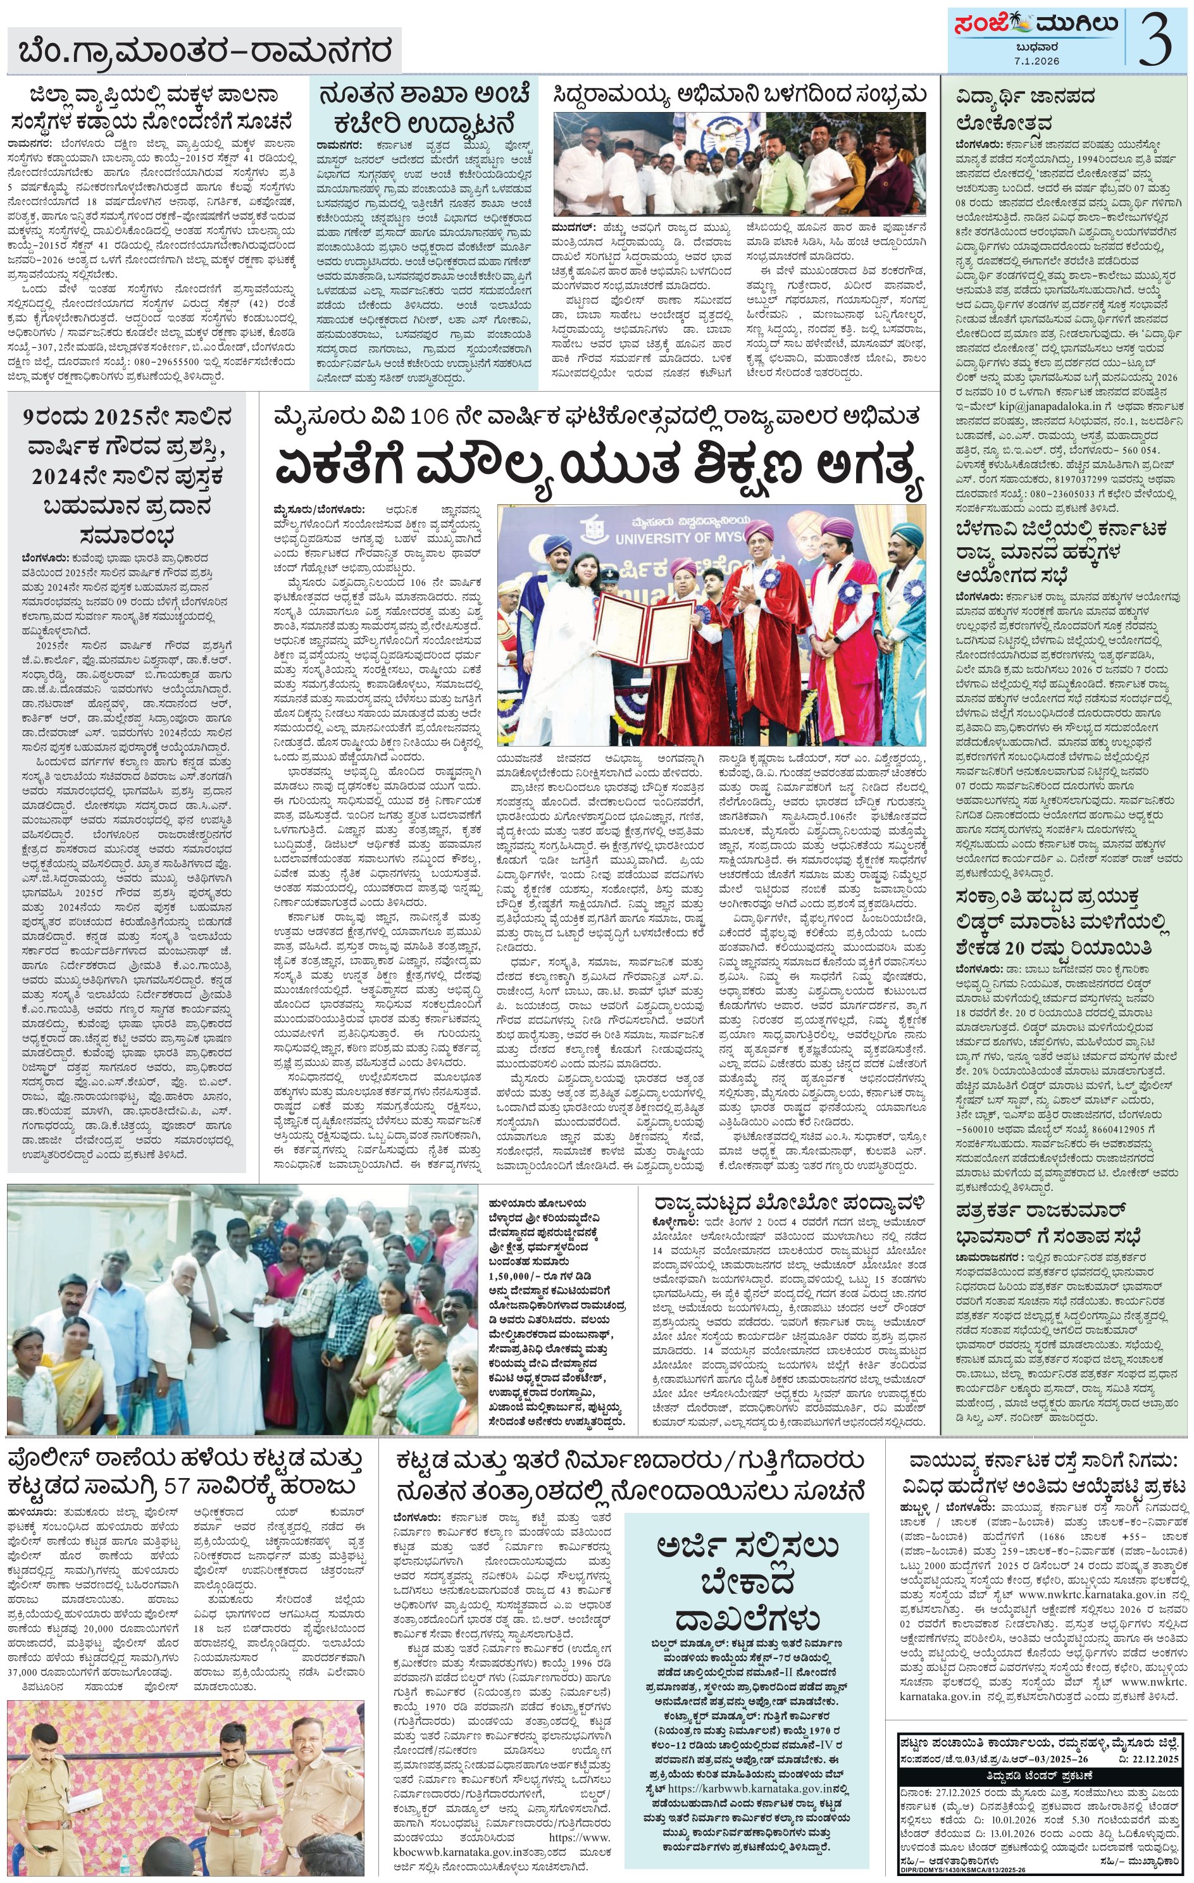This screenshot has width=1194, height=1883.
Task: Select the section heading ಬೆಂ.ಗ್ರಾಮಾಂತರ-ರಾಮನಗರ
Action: coord(206,53)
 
